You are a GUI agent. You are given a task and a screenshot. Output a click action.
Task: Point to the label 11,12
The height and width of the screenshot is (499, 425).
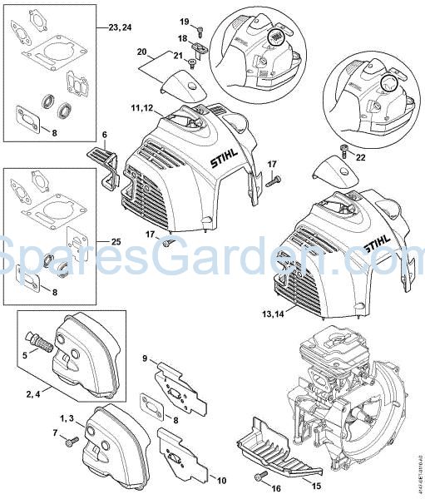coord(141,108)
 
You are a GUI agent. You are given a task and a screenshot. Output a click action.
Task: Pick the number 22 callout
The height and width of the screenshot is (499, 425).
coord(359,156)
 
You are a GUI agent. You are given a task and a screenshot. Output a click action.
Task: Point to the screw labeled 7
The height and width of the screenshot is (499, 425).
coord(72,438)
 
